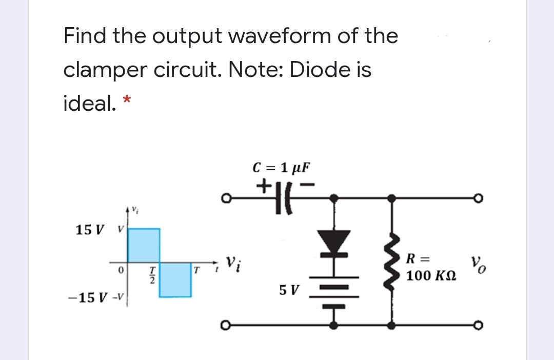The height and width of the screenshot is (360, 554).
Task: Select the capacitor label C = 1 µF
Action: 282,168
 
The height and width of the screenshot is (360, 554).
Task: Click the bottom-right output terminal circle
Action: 513,325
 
